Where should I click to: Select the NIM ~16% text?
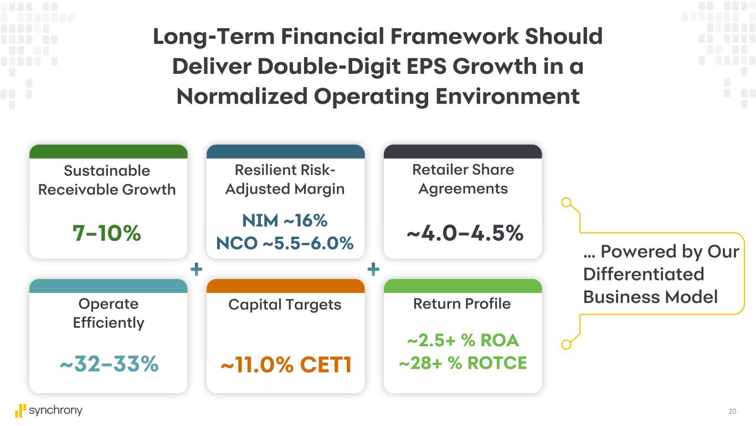coord(285,221)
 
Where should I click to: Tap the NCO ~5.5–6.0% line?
coord(285,243)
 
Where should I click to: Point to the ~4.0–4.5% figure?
coord(465,234)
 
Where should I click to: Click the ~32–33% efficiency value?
coord(109,364)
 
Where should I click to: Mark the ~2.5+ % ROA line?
coord(462,340)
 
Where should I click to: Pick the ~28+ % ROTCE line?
coord(462,363)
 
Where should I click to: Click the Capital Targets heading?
coord(285,305)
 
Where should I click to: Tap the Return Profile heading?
coord(462,304)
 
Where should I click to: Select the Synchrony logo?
coord(49,410)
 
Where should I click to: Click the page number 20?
coord(732,412)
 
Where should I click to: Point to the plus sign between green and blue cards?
coord(196,270)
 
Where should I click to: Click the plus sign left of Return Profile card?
coord(373,270)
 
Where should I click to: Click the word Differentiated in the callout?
coord(644,274)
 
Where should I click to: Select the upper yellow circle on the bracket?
coord(566,202)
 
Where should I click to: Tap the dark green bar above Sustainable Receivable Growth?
coord(108,151)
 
